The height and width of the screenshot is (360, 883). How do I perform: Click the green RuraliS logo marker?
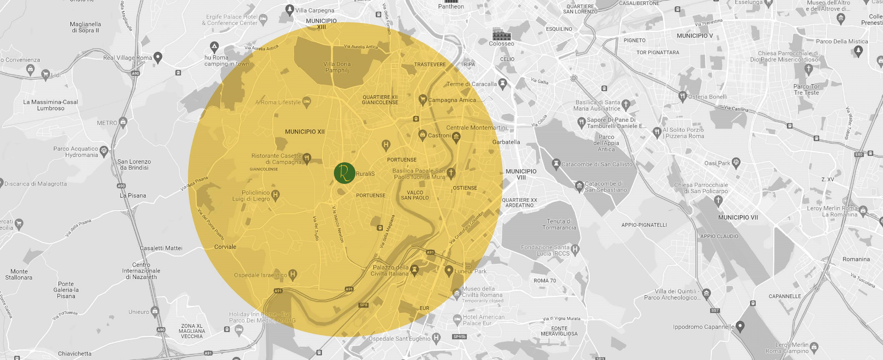[x=344, y=173]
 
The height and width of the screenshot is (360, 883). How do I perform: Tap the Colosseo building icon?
[x=501, y=34]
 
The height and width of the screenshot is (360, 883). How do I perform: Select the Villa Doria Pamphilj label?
[x=337, y=67]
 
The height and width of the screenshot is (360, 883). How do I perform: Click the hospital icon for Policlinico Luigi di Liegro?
[x=275, y=194]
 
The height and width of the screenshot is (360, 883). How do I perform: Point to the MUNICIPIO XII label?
[x=304, y=131]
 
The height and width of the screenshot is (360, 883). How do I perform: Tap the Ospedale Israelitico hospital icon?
[x=292, y=274]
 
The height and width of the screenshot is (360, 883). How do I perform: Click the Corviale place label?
[x=225, y=247]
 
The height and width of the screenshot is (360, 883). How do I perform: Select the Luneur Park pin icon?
[x=449, y=270]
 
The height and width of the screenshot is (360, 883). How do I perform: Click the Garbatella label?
[x=506, y=142]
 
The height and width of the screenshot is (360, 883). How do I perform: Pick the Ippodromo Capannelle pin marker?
[x=740, y=326]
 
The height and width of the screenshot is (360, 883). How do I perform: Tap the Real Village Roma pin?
[x=158, y=57]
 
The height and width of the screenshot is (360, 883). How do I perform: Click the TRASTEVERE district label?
[x=430, y=64]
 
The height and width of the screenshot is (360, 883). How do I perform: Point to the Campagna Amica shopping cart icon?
[x=423, y=99]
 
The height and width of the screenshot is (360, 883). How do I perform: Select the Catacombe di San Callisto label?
[x=596, y=164]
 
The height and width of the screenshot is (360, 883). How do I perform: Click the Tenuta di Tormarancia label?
[x=559, y=224]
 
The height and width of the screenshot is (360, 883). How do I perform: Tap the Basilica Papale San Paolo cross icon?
[x=451, y=173]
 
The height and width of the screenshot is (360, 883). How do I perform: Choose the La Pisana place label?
[x=133, y=195]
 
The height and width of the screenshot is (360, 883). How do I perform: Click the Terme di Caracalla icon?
[x=502, y=84]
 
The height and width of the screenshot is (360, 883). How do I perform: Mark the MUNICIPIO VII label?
[x=738, y=217]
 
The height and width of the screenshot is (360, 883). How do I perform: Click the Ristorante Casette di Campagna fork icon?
[x=307, y=158]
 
